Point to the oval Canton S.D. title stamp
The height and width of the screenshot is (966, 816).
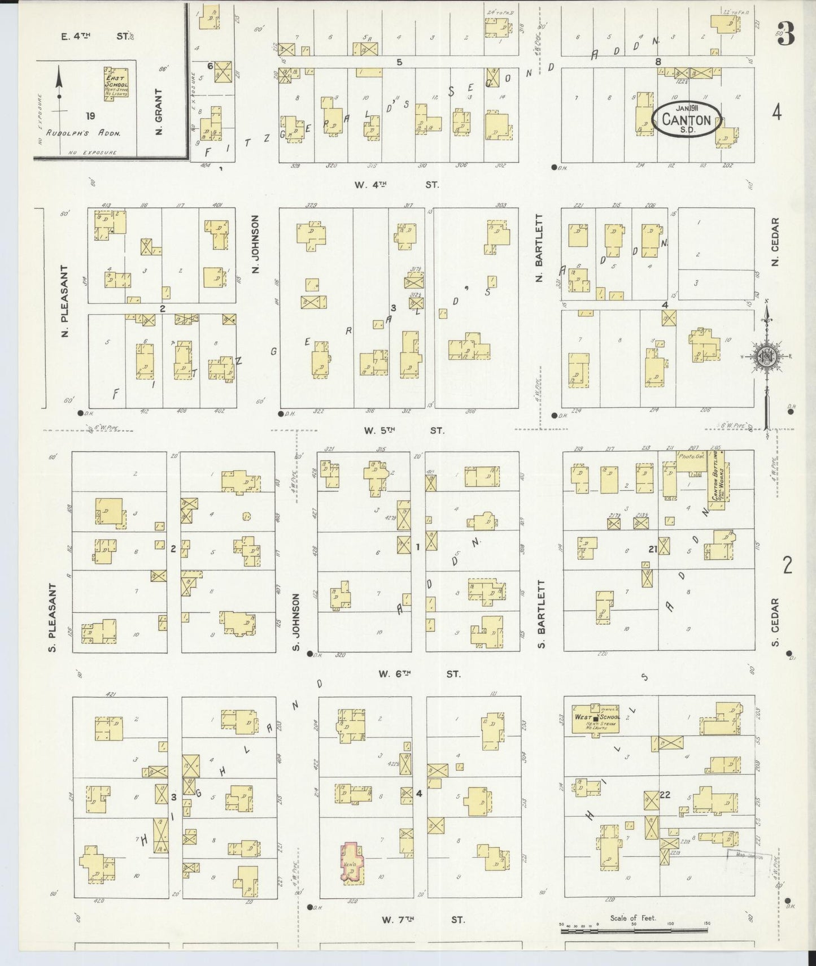coord(686,119)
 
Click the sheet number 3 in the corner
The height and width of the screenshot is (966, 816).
coord(786,33)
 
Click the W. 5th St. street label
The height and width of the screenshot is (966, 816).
coord(403,430)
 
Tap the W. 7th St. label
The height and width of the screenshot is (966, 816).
coord(422,920)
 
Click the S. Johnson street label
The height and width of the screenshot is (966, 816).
coord(296,621)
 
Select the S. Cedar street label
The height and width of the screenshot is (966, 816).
coord(776,623)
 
